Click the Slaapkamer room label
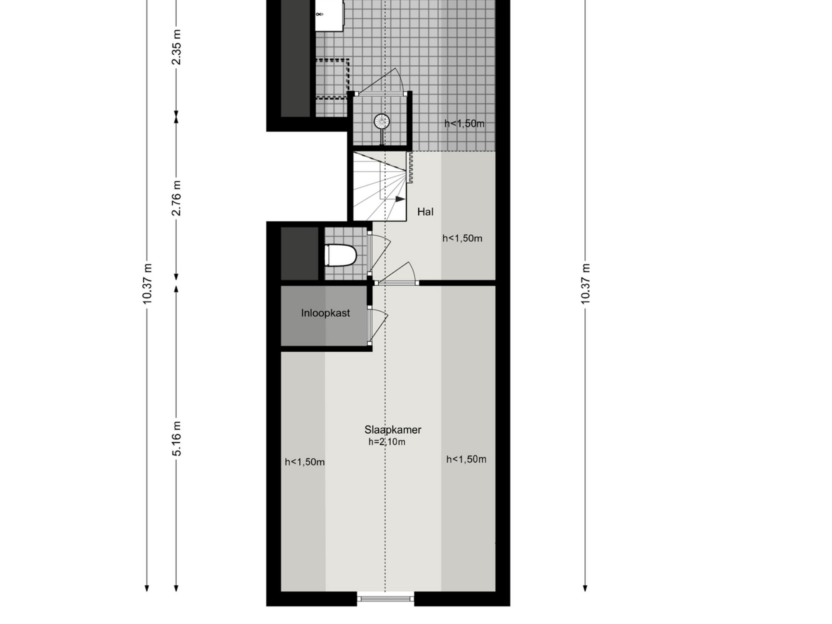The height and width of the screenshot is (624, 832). [392, 430]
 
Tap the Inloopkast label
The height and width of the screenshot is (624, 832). [325, 313]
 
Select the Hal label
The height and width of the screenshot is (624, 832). [425, 212]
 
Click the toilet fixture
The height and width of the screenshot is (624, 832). [340, 255]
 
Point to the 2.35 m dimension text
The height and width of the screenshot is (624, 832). [176, 47]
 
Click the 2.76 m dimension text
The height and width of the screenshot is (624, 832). [176, 198]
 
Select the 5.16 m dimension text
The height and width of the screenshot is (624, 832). [176, 438]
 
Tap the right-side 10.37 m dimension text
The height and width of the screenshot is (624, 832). [585, 284]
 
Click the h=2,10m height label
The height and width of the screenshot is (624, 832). [387, 442]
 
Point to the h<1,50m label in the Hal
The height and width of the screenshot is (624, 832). [462, 238]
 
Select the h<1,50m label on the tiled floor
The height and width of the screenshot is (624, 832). [464, 123]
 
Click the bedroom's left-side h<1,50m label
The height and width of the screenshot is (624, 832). [304, 462]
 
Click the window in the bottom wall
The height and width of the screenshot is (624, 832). [385, 598]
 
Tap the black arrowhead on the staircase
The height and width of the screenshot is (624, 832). [400, 199]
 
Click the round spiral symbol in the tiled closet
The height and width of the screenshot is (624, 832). [382, 122]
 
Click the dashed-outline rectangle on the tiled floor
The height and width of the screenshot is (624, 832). [332, 79]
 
